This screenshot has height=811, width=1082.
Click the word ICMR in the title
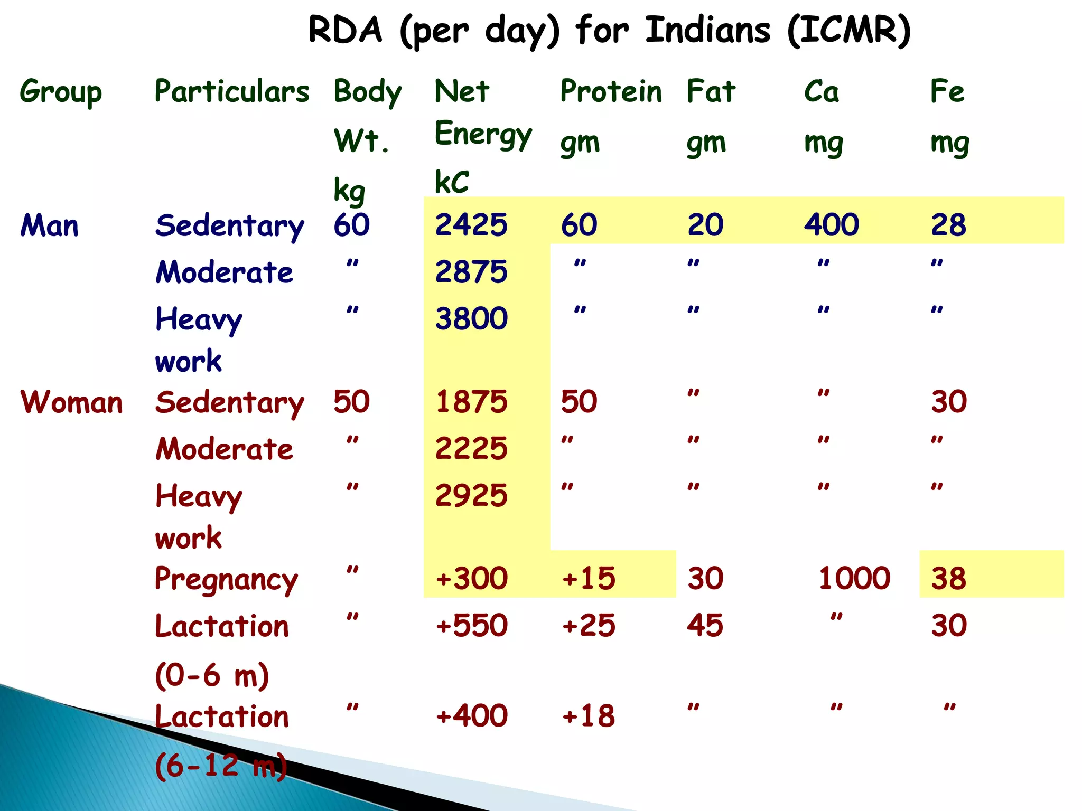[x=848, y=30]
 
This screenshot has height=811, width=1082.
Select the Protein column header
[x=611, y=91]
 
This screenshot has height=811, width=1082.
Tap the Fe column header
[x=947, y=91]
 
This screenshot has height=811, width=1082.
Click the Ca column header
[x=821, y=91]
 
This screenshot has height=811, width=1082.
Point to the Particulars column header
[x=231, y=91]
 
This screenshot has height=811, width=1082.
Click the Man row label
[x=49, y=225]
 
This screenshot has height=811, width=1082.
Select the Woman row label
[x=71, y=402]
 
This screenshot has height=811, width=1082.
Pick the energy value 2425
[x=471, y=225]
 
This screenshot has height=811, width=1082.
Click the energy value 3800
[x=471, y=318]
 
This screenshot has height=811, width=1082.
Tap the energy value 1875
[x=471, y=402]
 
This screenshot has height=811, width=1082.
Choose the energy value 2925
[x=471, y=496]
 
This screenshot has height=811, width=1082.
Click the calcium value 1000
[x=854, y=578]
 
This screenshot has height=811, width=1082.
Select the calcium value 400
[x=831, y=225]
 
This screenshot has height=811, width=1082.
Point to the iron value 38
[x=948, y=578]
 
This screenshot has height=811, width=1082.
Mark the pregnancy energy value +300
[x=471, y=578]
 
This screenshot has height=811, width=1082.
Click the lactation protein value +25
[x=589, y=626]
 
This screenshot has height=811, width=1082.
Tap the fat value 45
[x=705, y=626]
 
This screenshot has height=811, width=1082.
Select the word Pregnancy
[x=226, y=579]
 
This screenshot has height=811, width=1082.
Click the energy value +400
[x=471, y=716]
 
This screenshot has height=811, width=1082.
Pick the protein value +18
[x=589, y=716]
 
